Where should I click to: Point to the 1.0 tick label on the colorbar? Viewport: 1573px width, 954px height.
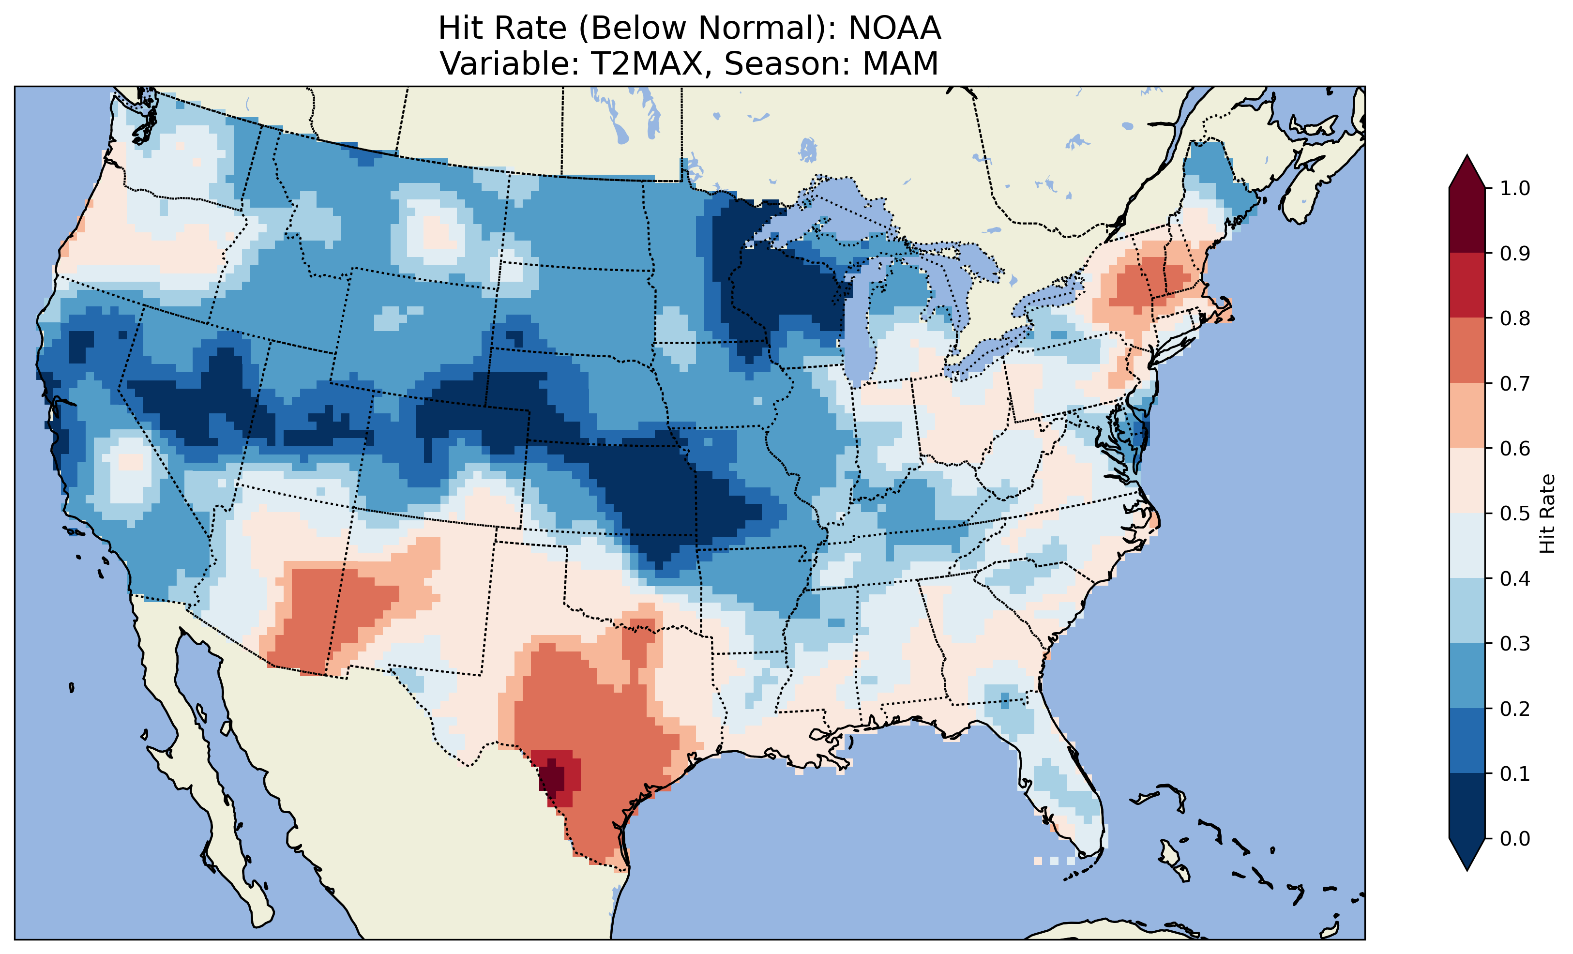point(1515,188)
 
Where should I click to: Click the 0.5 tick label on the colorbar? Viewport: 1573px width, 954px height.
point(1515,514)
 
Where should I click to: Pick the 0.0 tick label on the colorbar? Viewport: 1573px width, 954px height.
point(1515,838)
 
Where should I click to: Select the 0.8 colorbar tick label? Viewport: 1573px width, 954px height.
point(1515,318)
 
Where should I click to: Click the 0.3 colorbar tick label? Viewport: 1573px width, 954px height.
point(1515,644)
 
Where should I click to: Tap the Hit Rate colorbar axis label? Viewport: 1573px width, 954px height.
point(1547,514)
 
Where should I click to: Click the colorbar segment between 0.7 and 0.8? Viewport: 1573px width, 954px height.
point(1467,350)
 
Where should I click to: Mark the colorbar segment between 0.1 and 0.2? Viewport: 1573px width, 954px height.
point(1467,741)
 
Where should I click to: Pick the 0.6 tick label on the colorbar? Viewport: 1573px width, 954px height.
point(1515,448)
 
